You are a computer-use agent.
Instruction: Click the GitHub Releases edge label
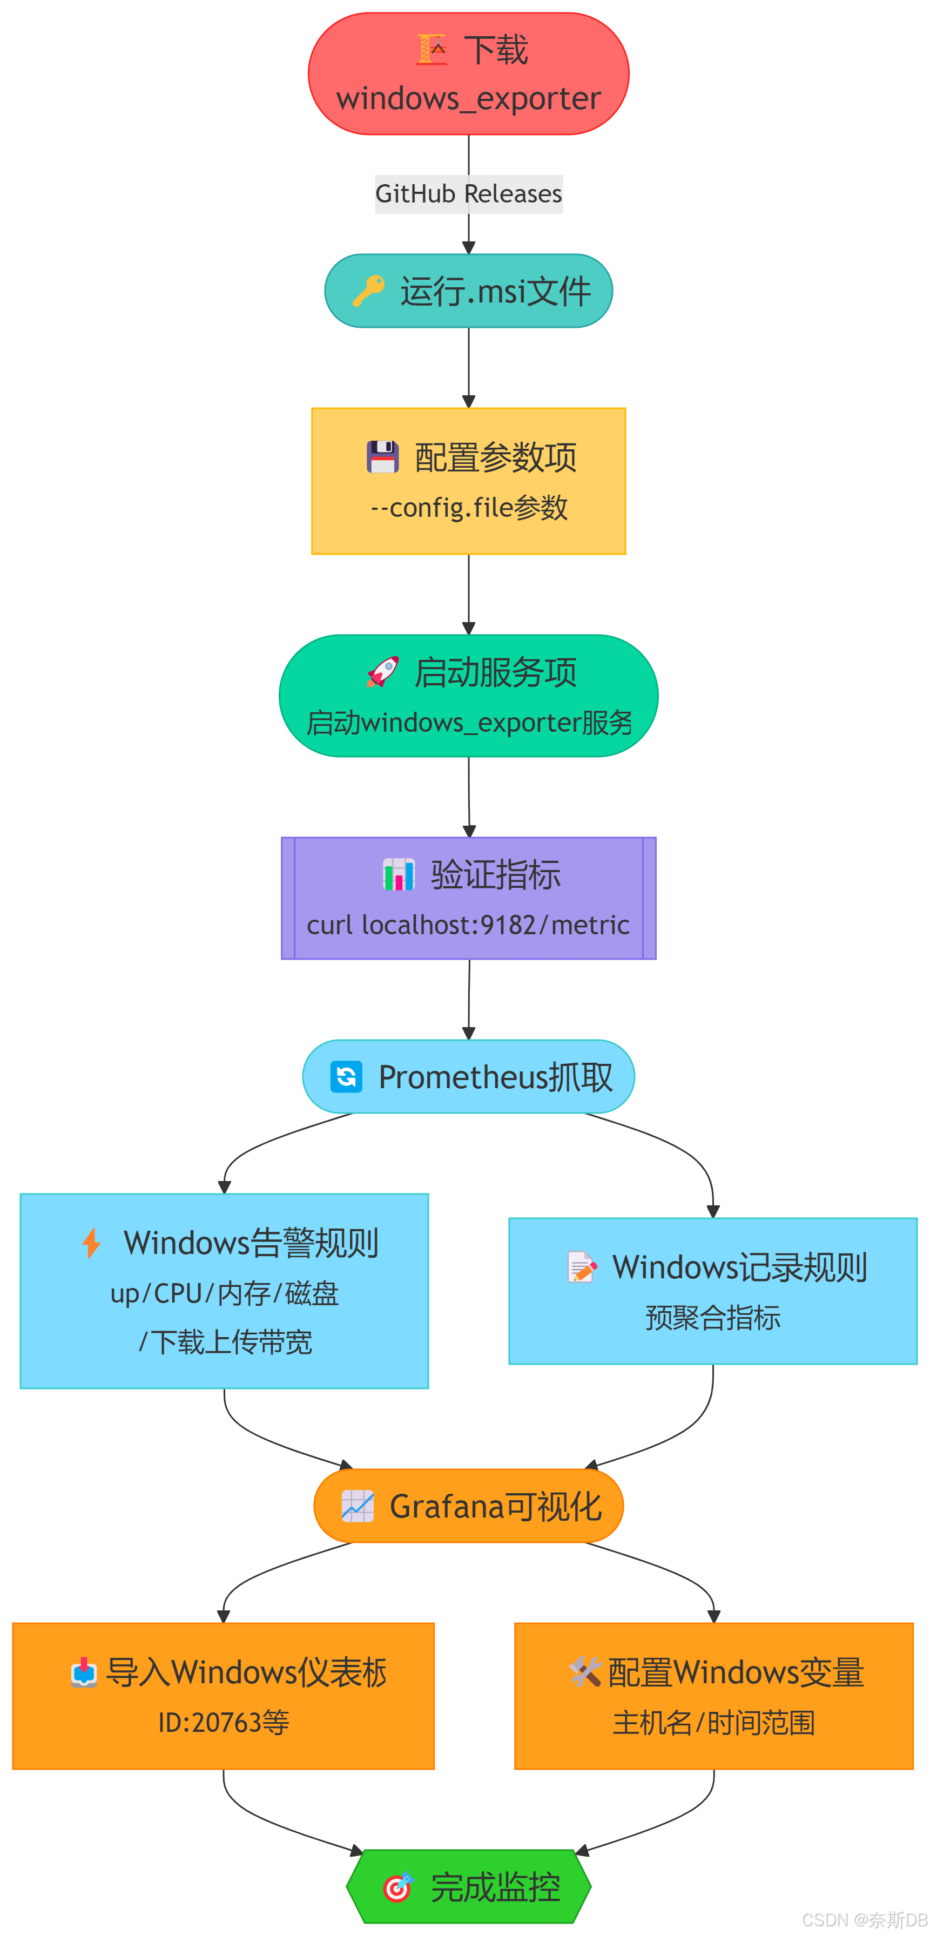(468, 194)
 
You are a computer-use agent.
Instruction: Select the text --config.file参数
(468, 507)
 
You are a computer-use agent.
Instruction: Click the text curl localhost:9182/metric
(468, 925)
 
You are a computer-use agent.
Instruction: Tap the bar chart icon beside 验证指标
(399, 875)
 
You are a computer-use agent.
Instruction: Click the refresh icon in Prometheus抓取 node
(346, 1077)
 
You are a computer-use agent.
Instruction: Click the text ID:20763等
(223, 1722)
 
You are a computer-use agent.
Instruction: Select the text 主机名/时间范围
(713, 1722)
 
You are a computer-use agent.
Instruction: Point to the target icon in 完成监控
(397, 1887)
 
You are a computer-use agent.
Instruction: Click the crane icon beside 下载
(432, 50)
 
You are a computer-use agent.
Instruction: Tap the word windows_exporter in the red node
(468, 98)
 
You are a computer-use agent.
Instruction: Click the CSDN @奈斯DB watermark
(865, 1919)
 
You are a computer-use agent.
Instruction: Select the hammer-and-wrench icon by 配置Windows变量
(584, 1671)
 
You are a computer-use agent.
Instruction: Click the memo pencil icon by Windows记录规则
(581, 1266)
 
